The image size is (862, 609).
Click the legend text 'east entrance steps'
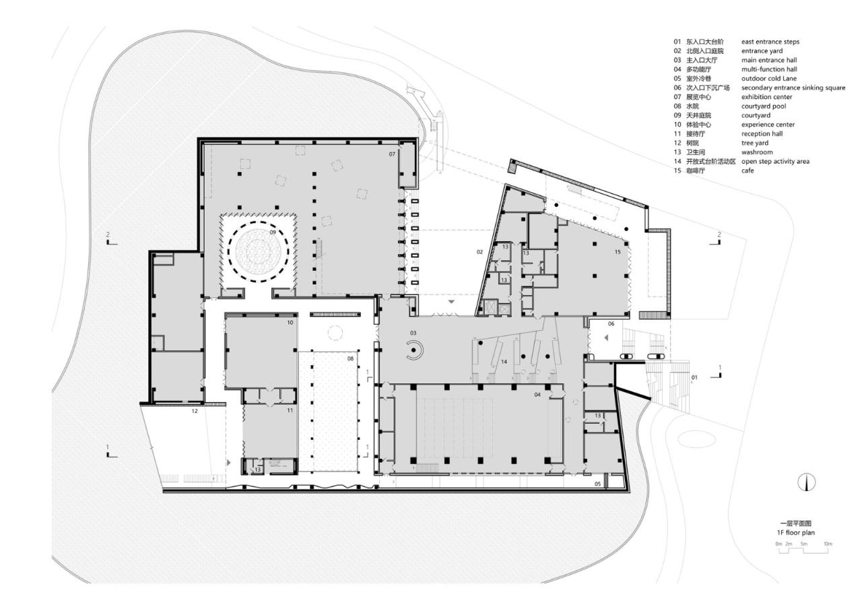click(770, 42)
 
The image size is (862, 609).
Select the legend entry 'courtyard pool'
click(763, 106)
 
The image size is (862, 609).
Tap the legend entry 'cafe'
click(748, 171)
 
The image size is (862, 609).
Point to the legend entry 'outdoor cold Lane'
click(768, 79)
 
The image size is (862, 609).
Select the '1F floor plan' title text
click(795, 532)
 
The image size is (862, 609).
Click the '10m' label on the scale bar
click(828, 544)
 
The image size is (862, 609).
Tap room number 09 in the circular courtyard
click(273, 232)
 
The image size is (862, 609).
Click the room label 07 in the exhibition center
click(391, 154)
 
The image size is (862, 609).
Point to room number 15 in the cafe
click(617, 252)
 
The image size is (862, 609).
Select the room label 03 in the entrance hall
click(413, 333)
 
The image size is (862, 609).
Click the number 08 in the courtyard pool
click(350, 358)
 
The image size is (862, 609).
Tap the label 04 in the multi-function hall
click(537, 394)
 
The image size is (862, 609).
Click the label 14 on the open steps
click(503, 362)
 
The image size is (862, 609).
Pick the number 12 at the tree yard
click(194, 410)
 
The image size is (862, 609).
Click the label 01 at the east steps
click(694, 378)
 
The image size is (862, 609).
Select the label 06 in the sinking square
click(611, 323)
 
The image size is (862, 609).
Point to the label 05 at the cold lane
click(597, 484)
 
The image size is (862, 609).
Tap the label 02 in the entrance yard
click(479, 252)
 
